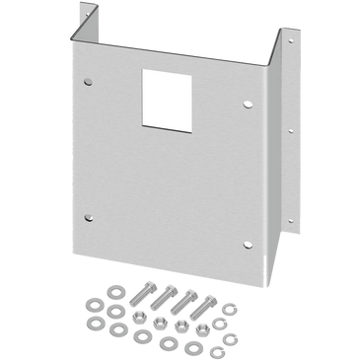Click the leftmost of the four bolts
pyautogui.click(x=141, y=296)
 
